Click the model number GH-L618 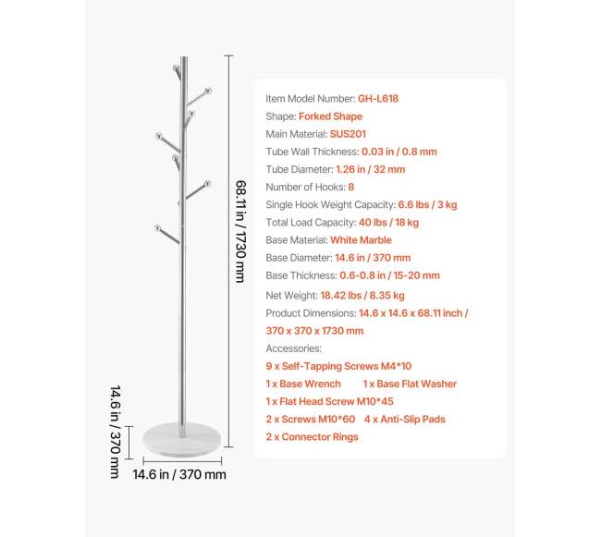tap(378, 99)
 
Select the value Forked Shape tap(330, 116)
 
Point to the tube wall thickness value tap(399, 152)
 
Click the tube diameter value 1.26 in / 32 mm tap(371, 169)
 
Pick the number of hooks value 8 tap(351, 187)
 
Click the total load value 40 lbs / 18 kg tap(389, 222)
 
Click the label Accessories tap(293, 349)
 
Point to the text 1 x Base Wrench tap(302, 384)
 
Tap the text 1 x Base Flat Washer tap(409, 384)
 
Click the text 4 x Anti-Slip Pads tap(404, 419)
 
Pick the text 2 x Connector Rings tap(312, 436)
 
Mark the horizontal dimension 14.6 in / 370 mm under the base tap(179, 475)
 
